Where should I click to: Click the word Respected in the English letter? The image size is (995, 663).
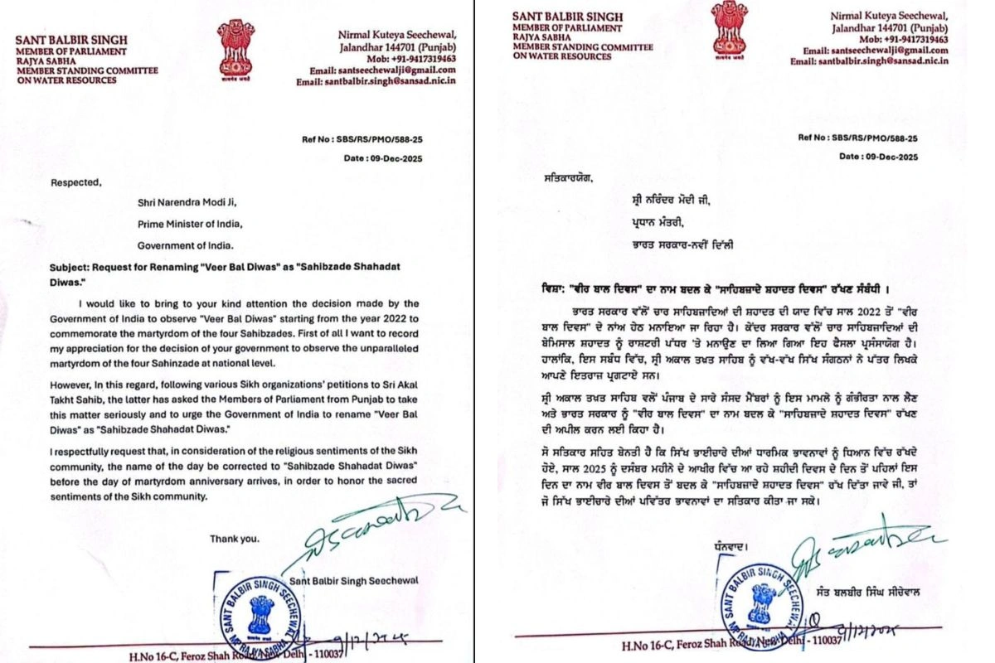[73, 181]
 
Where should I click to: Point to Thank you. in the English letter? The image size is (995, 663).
[233, 539]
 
